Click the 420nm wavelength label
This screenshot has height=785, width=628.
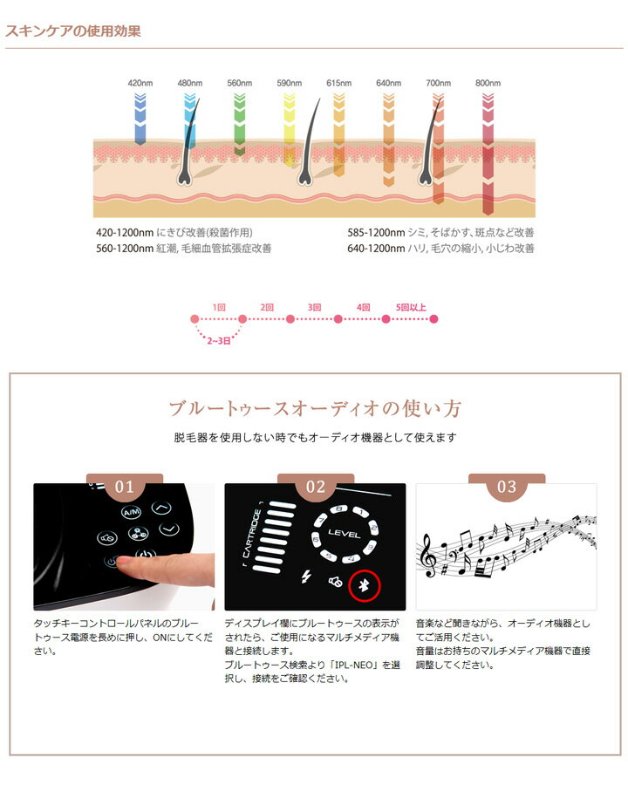coord(140,83)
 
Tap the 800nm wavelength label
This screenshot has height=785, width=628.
coord(488,83)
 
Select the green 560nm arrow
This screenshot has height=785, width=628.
coord(240,113)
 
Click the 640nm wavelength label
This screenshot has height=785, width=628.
coord(388,83)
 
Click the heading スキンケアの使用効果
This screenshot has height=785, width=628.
coord(72,31)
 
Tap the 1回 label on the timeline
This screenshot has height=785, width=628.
coord(219,307)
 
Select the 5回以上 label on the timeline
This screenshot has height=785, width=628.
coord(411,307)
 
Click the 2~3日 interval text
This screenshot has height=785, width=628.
coord(218,342)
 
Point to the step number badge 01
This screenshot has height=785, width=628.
coord(126,487)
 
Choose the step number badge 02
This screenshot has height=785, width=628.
coord(316,487)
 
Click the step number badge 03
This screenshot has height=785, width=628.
coord(507,487)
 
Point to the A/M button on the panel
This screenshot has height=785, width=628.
coord(132,512)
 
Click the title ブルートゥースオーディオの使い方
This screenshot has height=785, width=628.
coord(315,408)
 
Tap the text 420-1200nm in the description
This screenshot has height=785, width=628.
coord(124,233)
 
